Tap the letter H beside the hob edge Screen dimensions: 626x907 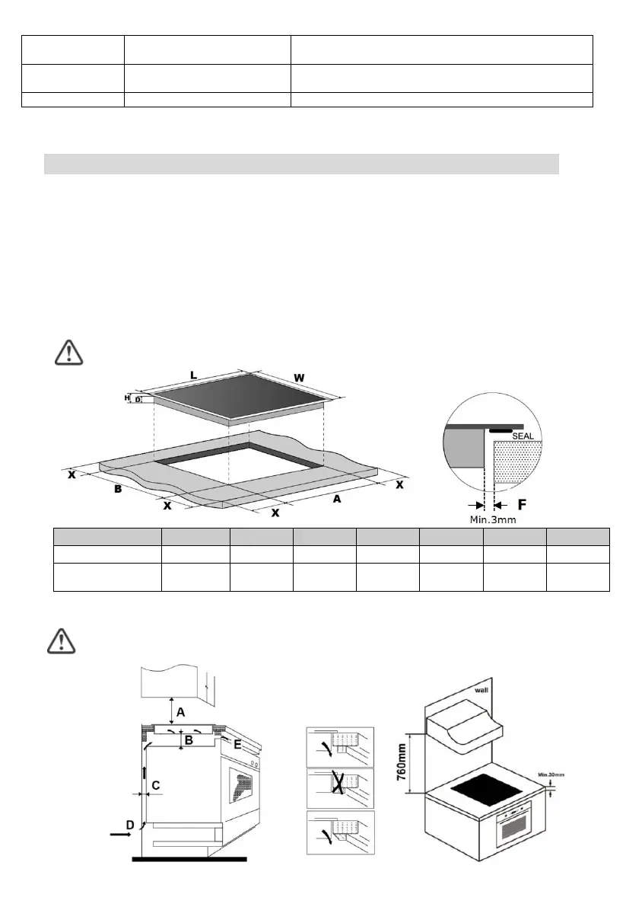pyautogui.click(x=127, y=398)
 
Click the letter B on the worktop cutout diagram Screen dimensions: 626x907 pyautogui.click(x=118, y=489)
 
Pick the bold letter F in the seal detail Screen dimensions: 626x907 pyautogui.click(x=522, y=504)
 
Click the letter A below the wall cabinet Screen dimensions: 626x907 pyautogui.click(x=181, y=712)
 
